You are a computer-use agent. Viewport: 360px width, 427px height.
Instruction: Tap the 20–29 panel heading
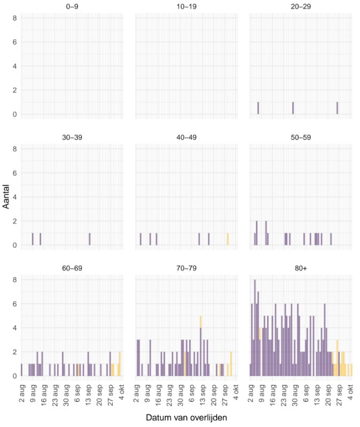tap(301, 6)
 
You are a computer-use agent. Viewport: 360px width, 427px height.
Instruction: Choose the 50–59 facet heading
tap(301, 137)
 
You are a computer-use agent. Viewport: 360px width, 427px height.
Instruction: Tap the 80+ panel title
tap(301, 268)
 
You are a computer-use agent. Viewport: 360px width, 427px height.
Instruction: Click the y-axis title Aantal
tap(6, 197)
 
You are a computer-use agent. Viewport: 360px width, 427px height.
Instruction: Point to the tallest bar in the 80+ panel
tap(255, 328)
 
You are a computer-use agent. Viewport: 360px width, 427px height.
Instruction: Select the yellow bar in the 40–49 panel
tap(228, 239)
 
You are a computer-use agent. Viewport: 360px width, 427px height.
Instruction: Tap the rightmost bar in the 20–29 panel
tap(338, 108)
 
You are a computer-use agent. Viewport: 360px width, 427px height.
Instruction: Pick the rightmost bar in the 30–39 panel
tap(90, 239)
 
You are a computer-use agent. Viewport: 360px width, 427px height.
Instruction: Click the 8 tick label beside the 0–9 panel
tap(15, 18)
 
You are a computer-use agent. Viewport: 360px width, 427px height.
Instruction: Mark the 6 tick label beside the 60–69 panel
tap(15, 304)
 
